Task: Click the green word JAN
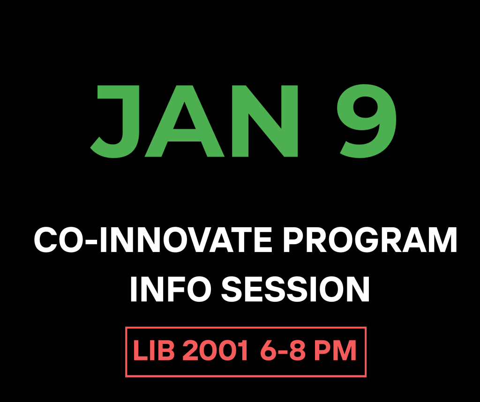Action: click(194, 121)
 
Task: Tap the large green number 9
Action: click(367, 121)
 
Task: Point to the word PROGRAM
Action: click(370, 239)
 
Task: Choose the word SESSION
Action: click(295, 289)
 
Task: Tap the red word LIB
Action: click(154, 350)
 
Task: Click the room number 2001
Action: click(215, 350)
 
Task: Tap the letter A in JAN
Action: click(184, 121)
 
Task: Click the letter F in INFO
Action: click(172, 289)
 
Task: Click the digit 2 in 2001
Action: click(190, 350)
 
